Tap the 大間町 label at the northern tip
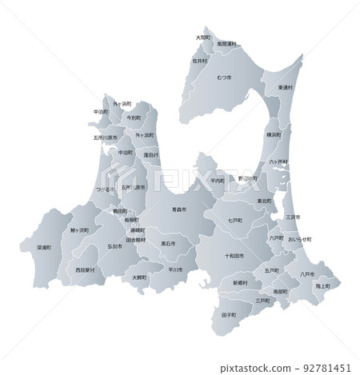click(203, 37)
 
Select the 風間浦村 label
click(226, 44)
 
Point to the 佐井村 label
click(199, 60)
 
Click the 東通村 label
click(285, 87)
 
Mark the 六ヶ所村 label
click(278, 162)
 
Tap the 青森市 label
click(178, 209)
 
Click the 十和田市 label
click(235, 256)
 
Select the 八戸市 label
click(306, 274)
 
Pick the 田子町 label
click(228, 316)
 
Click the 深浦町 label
click(44, 248)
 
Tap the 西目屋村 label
click(85, 270)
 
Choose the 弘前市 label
click(114, 246)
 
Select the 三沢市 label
click(292, 217)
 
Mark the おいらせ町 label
click(299, 239)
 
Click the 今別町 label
click(133, 118)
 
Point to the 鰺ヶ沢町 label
click(79, 230)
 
